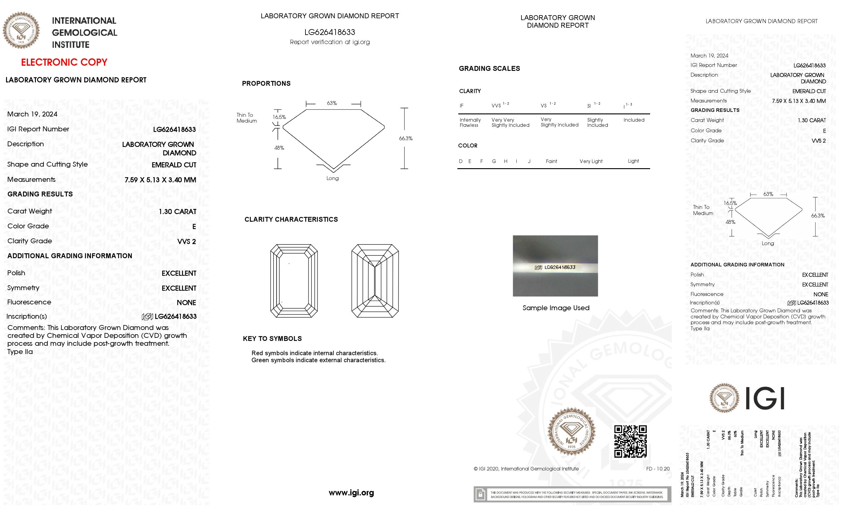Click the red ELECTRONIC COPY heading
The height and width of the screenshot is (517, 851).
64,62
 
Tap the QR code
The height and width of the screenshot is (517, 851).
630,441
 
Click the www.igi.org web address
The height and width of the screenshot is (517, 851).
351,492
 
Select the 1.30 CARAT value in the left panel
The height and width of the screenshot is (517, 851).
177,211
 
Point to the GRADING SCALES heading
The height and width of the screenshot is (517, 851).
489,68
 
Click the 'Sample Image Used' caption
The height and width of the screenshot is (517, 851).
556,308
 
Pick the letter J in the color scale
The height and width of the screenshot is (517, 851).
529,161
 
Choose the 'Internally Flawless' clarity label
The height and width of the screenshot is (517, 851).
470,123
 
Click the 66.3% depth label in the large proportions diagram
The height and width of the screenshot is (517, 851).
406,138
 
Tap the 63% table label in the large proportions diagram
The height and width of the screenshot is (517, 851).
332,103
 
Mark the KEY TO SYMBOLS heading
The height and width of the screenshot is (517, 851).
272,339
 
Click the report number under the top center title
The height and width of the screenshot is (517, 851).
329,32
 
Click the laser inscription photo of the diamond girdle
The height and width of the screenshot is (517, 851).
555,266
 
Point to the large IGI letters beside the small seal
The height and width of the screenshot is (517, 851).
765,398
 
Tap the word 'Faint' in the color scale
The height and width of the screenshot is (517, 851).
551,161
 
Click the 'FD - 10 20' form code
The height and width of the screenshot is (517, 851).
658,469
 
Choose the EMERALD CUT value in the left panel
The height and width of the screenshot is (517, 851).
174,165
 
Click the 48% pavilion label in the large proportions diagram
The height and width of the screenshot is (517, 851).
279,148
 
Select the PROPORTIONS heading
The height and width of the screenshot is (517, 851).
266,84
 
